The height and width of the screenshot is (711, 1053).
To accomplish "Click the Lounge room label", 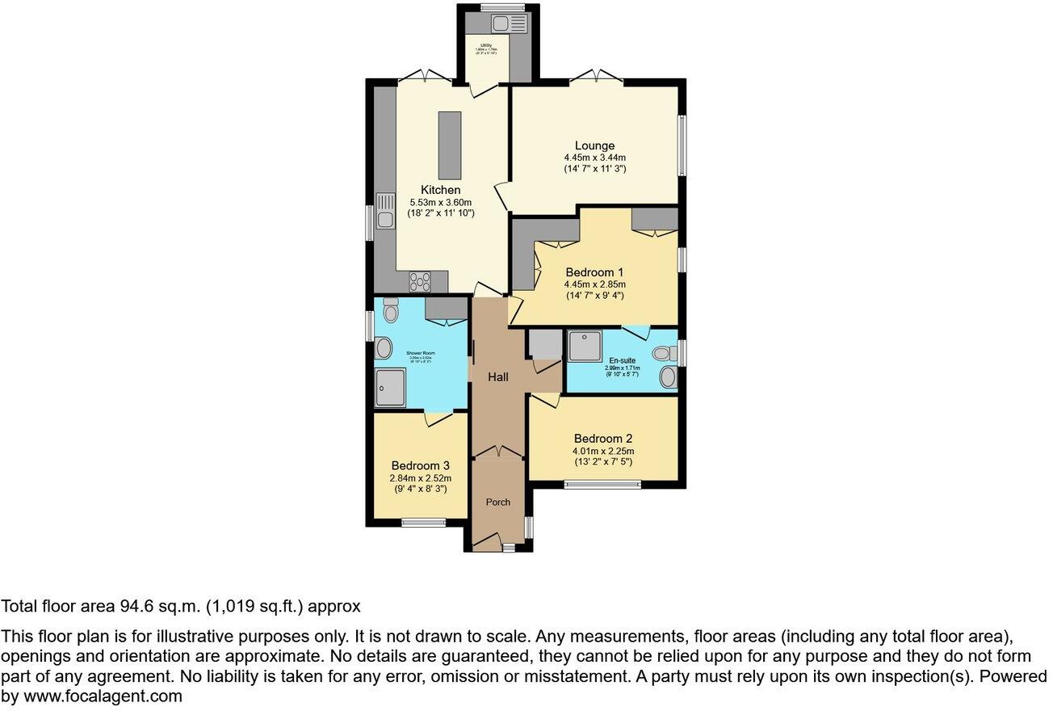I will [x=594, y=146].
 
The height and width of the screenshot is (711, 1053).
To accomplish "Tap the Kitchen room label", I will [x=440, y=190].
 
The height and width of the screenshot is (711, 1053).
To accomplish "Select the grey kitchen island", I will [x=448, y=145].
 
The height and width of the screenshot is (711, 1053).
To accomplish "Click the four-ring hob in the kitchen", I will [x=420, y=281].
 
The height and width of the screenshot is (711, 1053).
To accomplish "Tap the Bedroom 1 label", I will [x=594, y=272].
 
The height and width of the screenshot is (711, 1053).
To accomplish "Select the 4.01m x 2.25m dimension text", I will [x=603, y=451].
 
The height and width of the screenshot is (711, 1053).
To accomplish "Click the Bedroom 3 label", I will [x=420, y=465].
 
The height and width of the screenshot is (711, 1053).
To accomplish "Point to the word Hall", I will [x=497, y=377].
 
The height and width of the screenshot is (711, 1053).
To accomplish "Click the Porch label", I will [x=497, y=502].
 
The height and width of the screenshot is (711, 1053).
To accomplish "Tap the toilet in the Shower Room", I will [x=390, y=310].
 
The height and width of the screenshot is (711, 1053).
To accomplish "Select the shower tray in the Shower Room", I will [x=390, y=386].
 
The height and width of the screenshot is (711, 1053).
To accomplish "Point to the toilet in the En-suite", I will [x=665, y=353].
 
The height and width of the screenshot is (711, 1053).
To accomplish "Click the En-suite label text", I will [x=622, y=360].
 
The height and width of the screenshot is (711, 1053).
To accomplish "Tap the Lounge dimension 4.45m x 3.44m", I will [x=594, y=158].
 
